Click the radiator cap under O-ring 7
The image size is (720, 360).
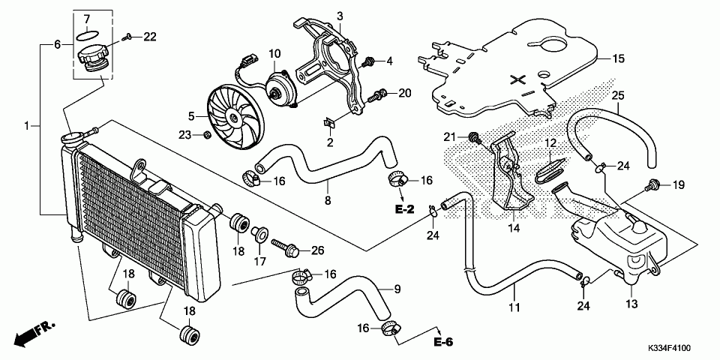[93, 58]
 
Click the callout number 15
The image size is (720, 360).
[617, 58]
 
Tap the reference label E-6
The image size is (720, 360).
[443, 343]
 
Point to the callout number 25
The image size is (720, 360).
[617, 95]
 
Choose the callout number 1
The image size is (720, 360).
[27, 126]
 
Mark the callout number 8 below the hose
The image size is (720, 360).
[327, 200]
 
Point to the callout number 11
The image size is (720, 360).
[514, 307]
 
